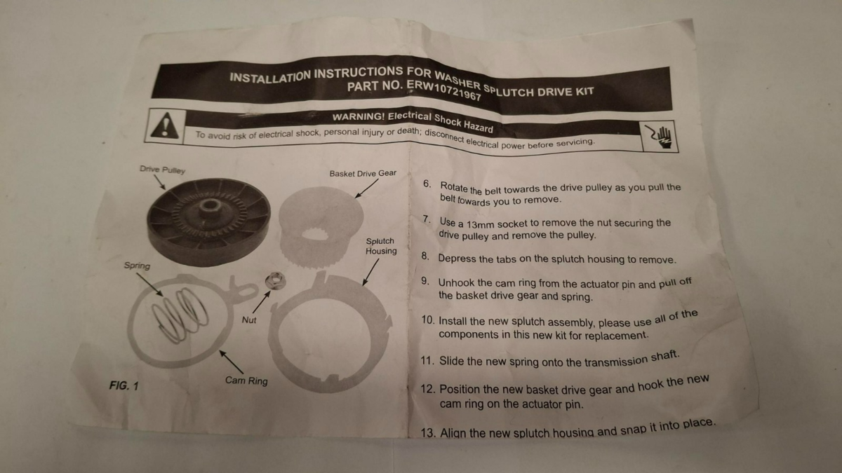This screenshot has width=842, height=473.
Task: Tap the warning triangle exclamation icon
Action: tap(165, 125)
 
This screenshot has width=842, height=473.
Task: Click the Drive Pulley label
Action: tap(162, 170)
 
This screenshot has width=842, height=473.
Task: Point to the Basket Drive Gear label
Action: tap(363, 173)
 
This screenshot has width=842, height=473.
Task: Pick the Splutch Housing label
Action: tap(381, 246)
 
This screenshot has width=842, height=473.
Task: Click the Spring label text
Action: tap(137, 266)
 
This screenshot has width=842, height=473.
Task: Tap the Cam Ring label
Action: tap(246, 381)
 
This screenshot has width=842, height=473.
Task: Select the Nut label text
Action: tap(249, 320)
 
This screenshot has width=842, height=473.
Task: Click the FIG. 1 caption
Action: tap(123, 385)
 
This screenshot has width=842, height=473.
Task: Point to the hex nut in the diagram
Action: tap(275, 280)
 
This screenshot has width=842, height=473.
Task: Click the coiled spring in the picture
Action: tap(180, 315)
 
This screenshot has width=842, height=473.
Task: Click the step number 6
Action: tap(427, 184)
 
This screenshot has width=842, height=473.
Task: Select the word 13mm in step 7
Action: tap(481, 225)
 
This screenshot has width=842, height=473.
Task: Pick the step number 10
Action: tap(428, 320)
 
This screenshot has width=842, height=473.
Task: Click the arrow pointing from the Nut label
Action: tap(262, 302)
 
